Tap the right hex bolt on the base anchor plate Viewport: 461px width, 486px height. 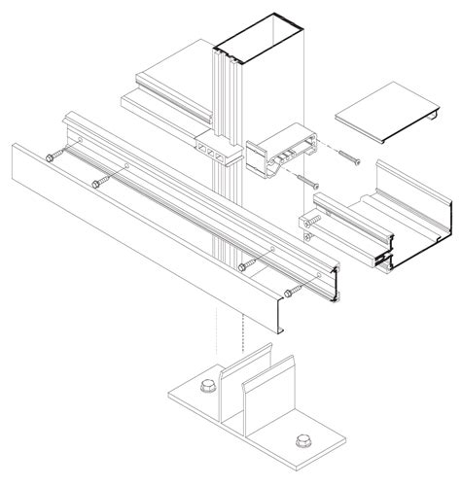point(298,442)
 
